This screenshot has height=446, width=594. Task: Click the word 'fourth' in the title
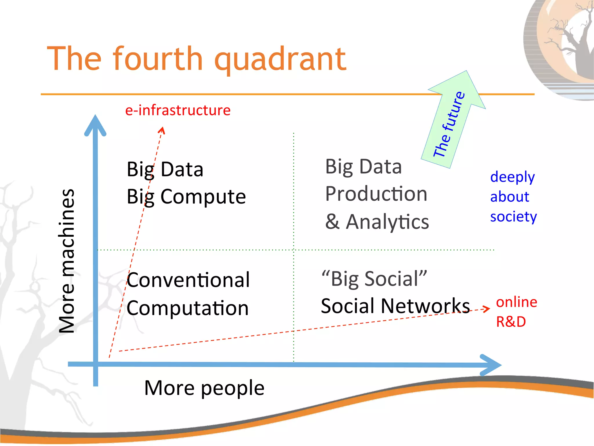tap(157, 59)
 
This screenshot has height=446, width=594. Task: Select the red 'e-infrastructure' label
tap(178, 110)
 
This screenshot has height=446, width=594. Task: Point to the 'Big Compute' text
tap(186, 197)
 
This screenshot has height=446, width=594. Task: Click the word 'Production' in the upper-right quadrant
tap(376, 194)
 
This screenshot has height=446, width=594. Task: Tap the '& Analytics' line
tap(377, 222)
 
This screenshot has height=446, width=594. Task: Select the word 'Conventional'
tap(188, 280)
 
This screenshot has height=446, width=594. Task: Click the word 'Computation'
tap(188, 308)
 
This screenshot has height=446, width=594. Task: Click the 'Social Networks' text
tap(395, 306)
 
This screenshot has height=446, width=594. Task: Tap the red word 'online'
tap(516, 302)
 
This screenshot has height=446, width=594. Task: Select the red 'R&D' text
tap(511, 322)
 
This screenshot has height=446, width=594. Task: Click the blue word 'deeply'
tap(512, 177)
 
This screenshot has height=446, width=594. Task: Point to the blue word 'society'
tap(513, 217)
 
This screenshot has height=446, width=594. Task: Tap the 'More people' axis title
tap(204, 388)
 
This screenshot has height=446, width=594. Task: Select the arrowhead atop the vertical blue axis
tap(95, 125)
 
